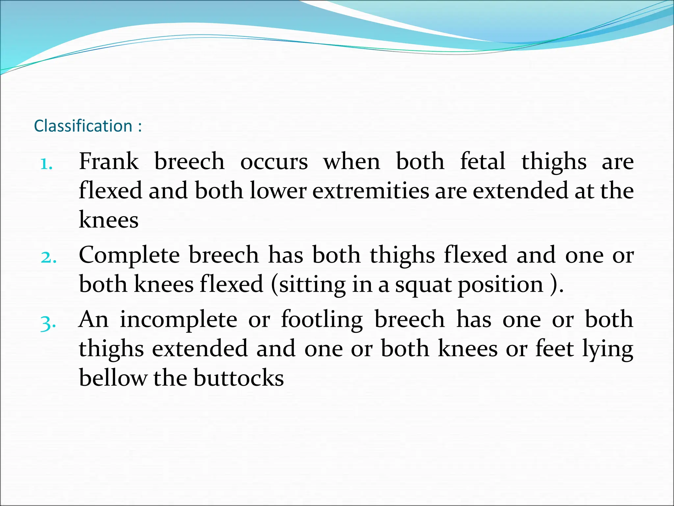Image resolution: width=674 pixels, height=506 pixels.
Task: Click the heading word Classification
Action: click(x=83, y=126)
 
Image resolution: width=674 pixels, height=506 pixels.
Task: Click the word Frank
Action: click(x=109, y=161)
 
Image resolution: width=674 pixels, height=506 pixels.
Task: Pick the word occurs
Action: click(x=274, y=162)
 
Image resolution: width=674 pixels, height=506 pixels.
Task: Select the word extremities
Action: click(x=371, y=191)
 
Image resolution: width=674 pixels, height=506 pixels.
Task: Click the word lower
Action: click(x=278, y=191)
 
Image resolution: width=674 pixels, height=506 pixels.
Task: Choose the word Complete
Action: click(x=129, y=255)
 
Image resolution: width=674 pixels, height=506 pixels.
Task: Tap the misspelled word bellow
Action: click(x=113, y=378)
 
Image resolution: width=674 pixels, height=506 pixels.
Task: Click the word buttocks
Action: click(x=239, y=378)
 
